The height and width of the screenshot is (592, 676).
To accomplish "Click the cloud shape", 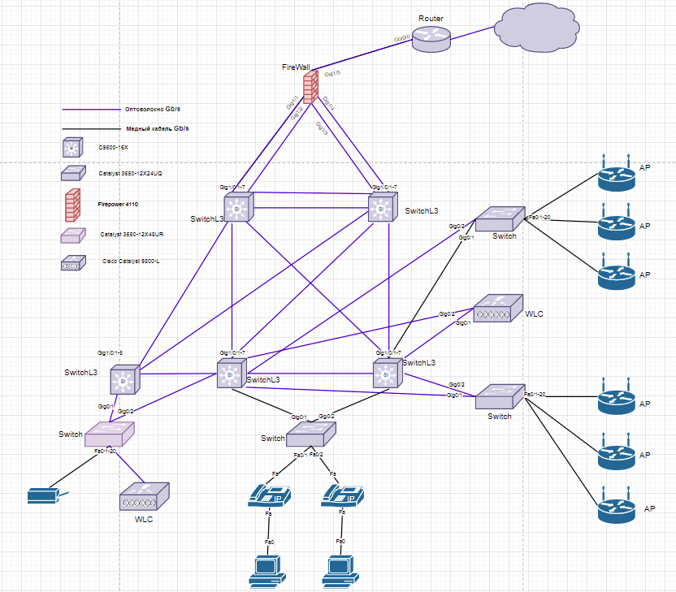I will pyautogui.click(x=536, y=31).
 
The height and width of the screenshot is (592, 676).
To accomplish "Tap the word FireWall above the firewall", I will pyautogui.click(x=296, y=67).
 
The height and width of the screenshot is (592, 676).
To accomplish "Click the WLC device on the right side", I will pyautogui.click(x=494, y=309).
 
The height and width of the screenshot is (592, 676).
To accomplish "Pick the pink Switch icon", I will pyautogui.click(x=109, y=433).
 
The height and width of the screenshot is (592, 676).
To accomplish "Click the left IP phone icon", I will pyautogui.click(x=268, y=494).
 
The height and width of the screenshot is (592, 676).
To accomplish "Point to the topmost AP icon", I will pyautogui.click(x=617, y=175).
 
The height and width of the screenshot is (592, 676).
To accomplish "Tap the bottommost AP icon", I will pyautogui.click(x=617, y=509).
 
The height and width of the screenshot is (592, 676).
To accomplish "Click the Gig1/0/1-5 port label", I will pyautogui.click(x=110, y=353).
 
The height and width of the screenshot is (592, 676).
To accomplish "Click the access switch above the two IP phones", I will pyautogui.click(x=310, y=433).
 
